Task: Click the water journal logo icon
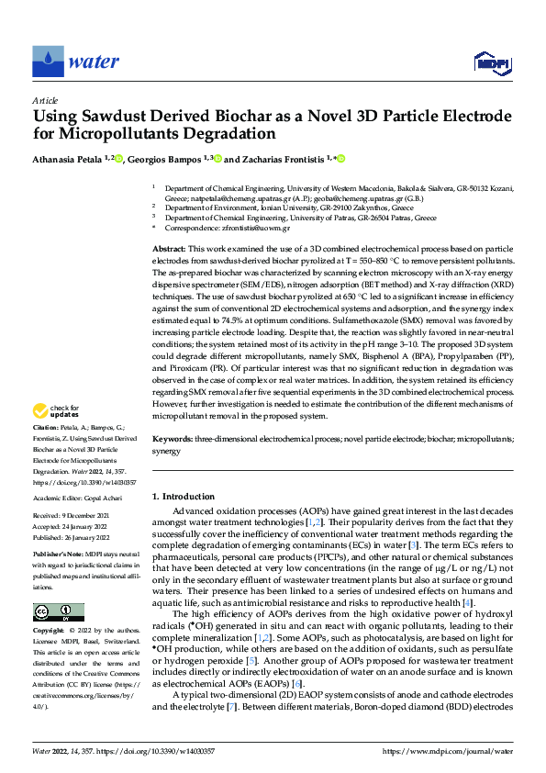tap(48, 61)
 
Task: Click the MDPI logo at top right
tap(491, 62)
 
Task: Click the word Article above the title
tap(44, 100)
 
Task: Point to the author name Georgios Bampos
tap(166, 159)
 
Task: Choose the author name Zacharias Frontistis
tap(284, 159)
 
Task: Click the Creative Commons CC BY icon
tap(59, 612)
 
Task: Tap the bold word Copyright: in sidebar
tap(50, 632)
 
